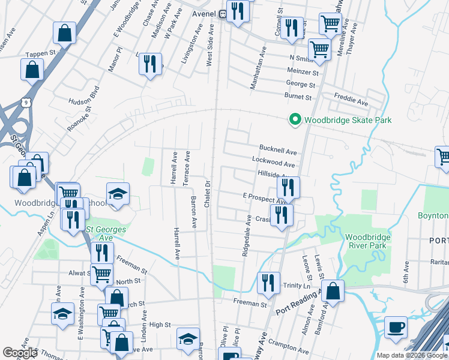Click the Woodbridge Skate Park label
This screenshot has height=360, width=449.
pyautogui.click(x=348, y=121)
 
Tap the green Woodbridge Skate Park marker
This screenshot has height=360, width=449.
pyautogui.click(x=295, y=121)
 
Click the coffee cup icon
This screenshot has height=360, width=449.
pyautogui.click(x=396, y=327)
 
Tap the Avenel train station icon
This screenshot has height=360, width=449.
pyautogui.click(x=222, y=14)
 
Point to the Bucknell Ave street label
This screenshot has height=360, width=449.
pyautogui.click(x=278, y=149)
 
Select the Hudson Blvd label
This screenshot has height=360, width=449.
pyautogui.click(x=83, y=101)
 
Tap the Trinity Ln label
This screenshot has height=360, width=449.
pyautogui.click(x=295, y=286)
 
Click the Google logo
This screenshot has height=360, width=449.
pyautogui.click(x=20, y=353)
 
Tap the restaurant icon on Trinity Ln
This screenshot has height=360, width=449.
pyautogui.click(x=268, y=283)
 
